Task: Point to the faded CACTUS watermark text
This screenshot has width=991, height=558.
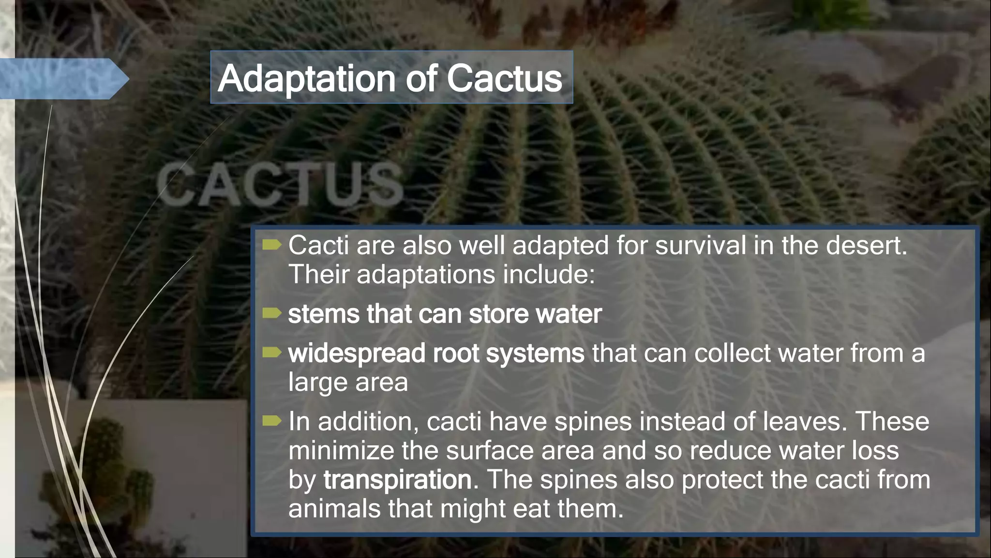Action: point(280,185)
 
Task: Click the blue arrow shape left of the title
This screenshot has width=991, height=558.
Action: point(63,78)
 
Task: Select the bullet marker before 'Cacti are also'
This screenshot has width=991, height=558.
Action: point(271,245)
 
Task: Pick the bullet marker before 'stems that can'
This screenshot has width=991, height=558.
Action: point(271,314)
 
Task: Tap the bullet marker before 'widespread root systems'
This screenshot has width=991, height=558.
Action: point(271,353)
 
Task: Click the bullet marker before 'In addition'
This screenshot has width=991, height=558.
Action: point(271,421)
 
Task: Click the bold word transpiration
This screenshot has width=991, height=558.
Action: point(397,480)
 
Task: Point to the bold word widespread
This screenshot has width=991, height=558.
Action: point(357,354)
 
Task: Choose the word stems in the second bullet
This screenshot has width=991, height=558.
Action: point(323,314)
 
